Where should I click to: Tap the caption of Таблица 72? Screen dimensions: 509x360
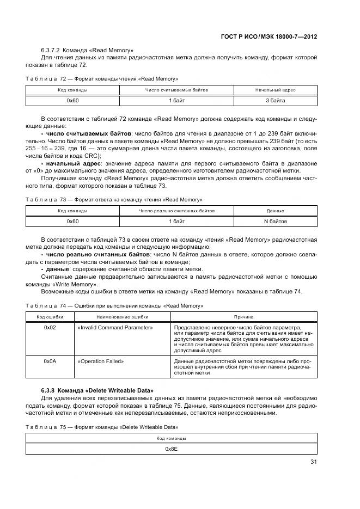pos(102,78)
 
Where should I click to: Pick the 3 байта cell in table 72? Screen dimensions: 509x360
pos(275,100)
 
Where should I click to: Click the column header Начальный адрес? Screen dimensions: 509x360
pos(275,90)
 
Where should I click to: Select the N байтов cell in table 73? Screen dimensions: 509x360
pos(275,221)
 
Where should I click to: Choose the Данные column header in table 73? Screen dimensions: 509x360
pos(275,211)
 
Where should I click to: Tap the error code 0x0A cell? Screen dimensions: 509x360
pos(50,361)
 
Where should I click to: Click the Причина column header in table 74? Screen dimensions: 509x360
pos(243,316)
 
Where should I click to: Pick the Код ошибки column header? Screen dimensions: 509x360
pos(50,316)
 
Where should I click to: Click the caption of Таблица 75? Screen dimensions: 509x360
pos(102,427)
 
